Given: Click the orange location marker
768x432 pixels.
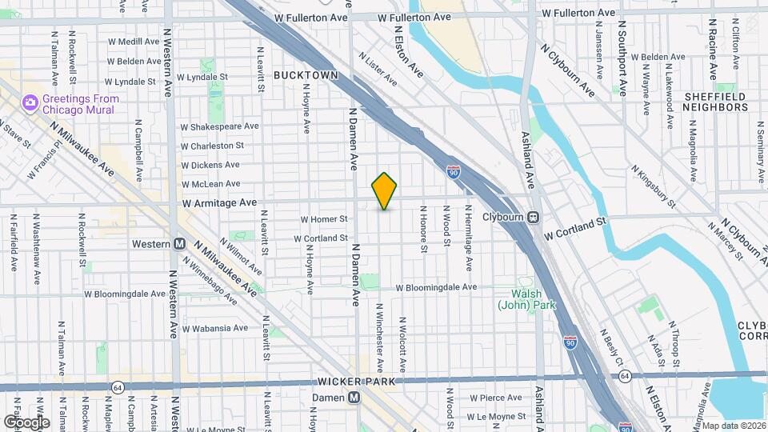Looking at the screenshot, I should (385, 190).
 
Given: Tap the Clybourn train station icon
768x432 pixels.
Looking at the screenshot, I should (533, 217).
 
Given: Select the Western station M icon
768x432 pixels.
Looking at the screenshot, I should (180, 243).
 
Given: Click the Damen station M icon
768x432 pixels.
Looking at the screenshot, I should (353, 398).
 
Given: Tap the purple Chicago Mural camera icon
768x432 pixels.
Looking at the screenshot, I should (30, 102).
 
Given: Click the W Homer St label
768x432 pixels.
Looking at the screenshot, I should (324, 219).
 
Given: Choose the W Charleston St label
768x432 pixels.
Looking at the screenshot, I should (212, 146).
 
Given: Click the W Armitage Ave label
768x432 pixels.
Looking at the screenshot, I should (218, 203).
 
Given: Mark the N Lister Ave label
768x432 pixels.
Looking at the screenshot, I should (378, 70).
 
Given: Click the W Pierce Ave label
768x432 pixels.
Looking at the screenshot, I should (495, 398).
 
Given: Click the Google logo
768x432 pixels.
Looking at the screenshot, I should (26, 422).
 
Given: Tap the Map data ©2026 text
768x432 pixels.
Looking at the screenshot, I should (734, 426).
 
